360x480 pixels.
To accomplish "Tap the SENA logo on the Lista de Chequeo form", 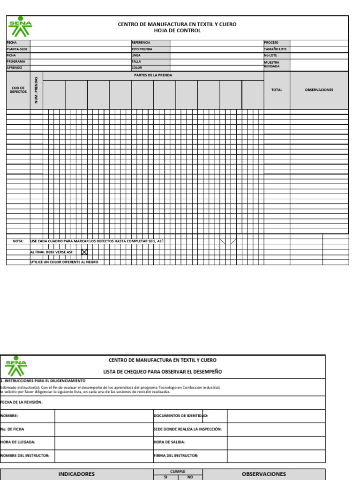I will click(16, 367).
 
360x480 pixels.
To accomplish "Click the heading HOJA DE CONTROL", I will click(177, 31).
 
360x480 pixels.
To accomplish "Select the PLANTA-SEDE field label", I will click(17, 49).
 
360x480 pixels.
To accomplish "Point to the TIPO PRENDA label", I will click(142, 49).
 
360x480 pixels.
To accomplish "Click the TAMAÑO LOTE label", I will click(275, 49).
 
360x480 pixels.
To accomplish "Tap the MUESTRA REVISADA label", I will click(272, 64).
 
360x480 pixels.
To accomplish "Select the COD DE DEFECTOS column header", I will click(18, 90).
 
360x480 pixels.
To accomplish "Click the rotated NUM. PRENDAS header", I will click(36, 90).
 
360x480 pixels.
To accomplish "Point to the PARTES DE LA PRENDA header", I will click(153, 75).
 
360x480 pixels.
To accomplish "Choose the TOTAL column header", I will click(277, 90).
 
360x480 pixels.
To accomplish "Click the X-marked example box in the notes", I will click(84, 252).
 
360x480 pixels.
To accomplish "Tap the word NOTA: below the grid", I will click(18, 241).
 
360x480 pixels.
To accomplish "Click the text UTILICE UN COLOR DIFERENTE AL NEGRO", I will click(64, 262).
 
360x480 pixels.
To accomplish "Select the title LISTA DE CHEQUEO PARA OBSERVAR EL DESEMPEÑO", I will click(163, 372).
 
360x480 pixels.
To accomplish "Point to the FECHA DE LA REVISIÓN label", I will click(22, 403).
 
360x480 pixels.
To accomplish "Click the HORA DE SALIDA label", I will click(169, 442).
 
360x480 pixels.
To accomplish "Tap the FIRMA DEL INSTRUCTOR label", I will click(176, 456).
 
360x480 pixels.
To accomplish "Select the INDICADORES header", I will click(76, 474).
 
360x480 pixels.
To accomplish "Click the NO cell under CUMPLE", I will click(190, 477).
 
